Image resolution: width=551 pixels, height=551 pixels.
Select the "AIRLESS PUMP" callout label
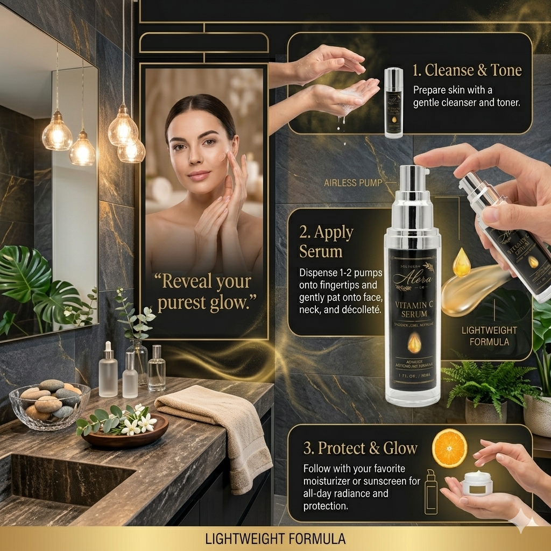pyautogui.click(x=353, y=183)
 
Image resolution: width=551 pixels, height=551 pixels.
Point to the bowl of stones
pyautogui.click(x=50, y=401)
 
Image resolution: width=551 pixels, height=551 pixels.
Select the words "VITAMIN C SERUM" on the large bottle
pyautogui.click(x=413, y=309)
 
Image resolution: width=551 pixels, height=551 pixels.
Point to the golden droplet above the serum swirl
pyautogui.click(x=461, y=262)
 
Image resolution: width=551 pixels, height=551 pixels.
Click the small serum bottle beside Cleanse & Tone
pyautogui.click(x=394, y=102)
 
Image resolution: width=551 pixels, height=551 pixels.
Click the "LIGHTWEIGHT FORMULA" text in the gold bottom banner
pyautogui.click(x=276, y=539)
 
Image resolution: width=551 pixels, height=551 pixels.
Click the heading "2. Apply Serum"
pyautogui.click(x=326, y=242)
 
